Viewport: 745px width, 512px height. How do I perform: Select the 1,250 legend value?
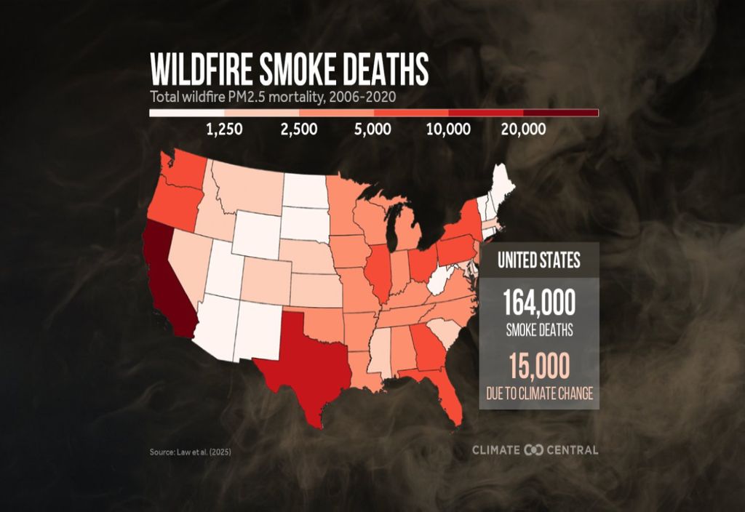point(225,129)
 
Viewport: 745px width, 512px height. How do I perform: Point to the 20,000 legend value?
point(524,129)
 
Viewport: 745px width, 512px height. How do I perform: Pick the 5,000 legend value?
point(373,129)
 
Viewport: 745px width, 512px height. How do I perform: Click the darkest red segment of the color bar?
point(561,113)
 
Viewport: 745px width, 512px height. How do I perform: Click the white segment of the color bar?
point(186,113)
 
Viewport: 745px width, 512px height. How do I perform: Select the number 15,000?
point(538,366)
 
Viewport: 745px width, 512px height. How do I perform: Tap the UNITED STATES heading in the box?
point(538,260)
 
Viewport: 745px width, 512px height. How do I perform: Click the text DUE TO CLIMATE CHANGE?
point(538,394)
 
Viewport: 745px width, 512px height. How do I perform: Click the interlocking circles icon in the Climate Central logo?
point(534,450)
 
